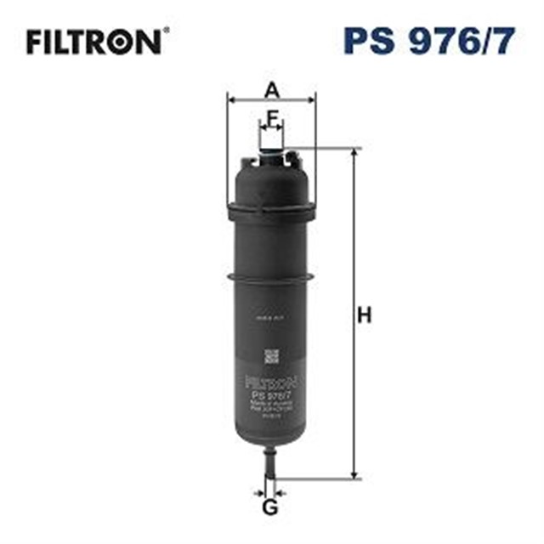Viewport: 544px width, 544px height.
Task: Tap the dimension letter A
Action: pyautogui.click(x=271, y=88)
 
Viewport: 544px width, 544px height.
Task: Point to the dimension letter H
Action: pyautogui.click(x=364, y=315)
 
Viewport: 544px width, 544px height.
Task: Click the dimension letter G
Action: pyautogui.click(x=269, y=508)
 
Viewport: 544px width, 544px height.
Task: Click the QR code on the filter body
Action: pyautogui.click(x=271, y=355)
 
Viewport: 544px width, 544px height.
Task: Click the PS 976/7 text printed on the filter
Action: pyautogui.click(x=270, y=394)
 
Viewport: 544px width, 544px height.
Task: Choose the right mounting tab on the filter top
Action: pyautogui.click(x=294, y=158)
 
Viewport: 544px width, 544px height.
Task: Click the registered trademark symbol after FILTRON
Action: pyautogui.click(x=166, y=32)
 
